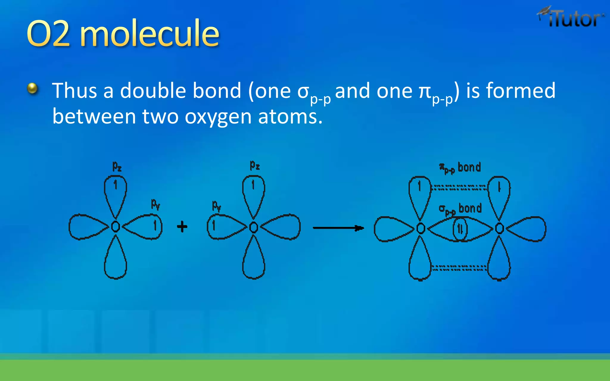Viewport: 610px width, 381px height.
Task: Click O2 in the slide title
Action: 48,33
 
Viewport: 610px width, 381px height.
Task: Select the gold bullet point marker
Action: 32,88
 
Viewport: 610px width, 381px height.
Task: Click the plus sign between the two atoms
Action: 182,227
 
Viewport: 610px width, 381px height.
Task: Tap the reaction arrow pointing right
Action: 338,228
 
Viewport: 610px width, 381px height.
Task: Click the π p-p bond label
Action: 460,168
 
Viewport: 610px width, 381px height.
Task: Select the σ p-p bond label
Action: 460,209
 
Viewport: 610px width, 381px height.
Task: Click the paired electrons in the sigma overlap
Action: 460,229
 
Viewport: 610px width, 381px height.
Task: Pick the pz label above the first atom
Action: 117,166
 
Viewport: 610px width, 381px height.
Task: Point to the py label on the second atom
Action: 217,205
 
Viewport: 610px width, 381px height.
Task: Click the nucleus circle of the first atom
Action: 116,227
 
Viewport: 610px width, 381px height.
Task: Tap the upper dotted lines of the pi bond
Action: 459,188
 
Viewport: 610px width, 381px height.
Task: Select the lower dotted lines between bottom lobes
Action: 459,268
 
